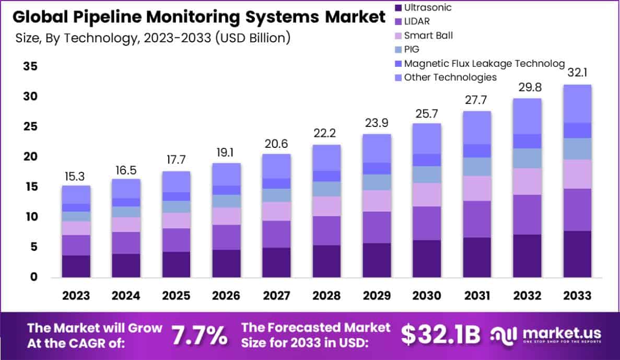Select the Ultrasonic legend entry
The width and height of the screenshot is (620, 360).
pyautogui.click(x=427, y=8)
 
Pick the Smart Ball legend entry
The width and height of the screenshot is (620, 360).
pyautogui.click(x=428, y=36)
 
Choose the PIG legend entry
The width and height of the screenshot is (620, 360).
pyautogui.click(x=412, y=50)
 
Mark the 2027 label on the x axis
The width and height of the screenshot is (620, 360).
pyautogui.click(x=276, y=296)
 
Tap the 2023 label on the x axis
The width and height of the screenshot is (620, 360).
pyautogui.click(x=76, y=296)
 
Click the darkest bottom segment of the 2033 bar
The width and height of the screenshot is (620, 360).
pyautogui.click(x=577, y=254)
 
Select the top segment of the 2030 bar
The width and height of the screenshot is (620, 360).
pyautogui.click(x=427, y=138)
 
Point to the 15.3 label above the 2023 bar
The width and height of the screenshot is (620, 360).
pyautogui.click(x=76, y=177)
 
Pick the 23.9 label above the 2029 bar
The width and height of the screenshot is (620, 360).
pyautogui.click(x=377, y=125)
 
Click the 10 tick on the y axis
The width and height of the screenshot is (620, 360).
pyautogui.click(x=31, y=217)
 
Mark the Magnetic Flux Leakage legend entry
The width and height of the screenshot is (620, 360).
pyautogui.click(x=484, y=63)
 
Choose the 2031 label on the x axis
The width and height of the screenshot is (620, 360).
pyautogui.click(x=477, y=296)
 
